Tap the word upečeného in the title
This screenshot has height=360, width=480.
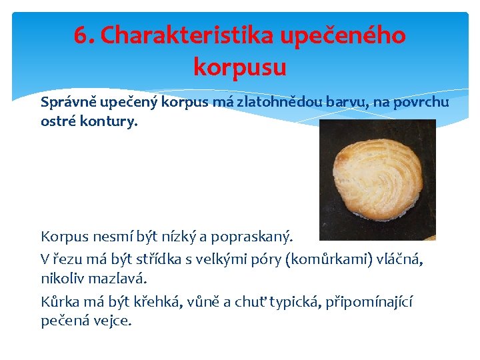tap(343, 35)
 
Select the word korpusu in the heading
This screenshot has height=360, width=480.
tap(240, 67)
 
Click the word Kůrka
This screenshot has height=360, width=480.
tap(61, 302)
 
